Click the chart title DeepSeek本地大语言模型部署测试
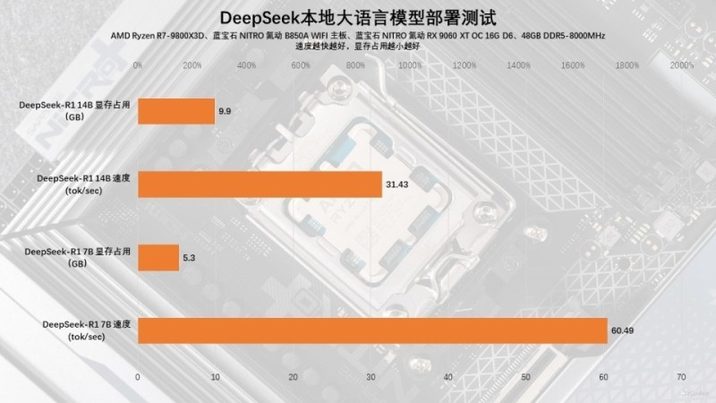tap(358, 18)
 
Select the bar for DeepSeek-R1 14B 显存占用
tap(175, 112)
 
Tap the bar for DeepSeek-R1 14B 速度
tap(259, 184)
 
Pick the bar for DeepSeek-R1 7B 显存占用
tap(158, 258)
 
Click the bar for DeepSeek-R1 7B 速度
tap(371, 330)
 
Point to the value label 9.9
tap(225, 112)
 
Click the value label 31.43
tap(396, 184)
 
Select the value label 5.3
tap(188, 258)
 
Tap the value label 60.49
tap(622, 330)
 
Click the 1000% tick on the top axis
tap(409, 64)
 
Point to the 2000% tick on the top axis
tap(682, 64)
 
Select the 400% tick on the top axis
tap(246, 64)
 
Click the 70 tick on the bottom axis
tap(682, 377)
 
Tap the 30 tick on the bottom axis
tap(371, 377)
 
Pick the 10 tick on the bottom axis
tap(215, 377)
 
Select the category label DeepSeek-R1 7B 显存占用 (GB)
tap(79, 258)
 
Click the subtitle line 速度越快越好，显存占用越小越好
tap(357, 47)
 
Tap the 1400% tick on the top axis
tap(519, 64)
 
